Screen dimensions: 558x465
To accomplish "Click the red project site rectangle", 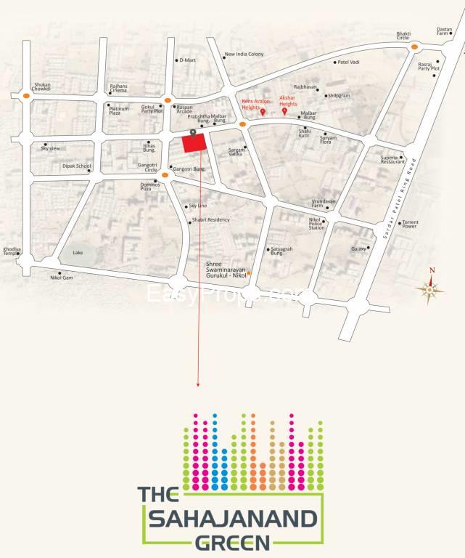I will coord(192,143).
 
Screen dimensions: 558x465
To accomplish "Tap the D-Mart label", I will coord(188,60).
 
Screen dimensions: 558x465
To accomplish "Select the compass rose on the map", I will coord(430,289).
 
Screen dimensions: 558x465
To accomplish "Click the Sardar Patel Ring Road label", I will coord(400,197).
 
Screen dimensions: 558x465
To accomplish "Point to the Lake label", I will coord(78,253).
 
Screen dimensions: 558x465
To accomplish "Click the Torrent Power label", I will coord(410,224).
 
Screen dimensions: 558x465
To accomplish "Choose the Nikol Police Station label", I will coord(316,222).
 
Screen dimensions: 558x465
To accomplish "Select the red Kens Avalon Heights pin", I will coord(263,112).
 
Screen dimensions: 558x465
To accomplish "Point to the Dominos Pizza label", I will coord(152,186).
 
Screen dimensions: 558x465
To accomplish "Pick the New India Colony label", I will coord(244,54).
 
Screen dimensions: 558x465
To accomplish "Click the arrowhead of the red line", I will coord(198,384).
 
